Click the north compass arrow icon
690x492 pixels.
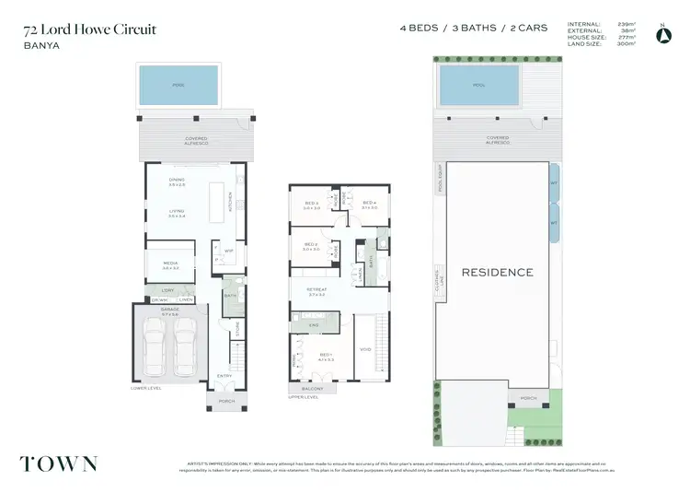(x=661, y=34)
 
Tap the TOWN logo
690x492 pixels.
(x=59, y=463)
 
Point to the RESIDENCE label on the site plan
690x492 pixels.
(x=497, y=272)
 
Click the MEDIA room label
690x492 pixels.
(x=170, y=264)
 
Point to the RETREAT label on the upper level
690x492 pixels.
(x=317, y=290)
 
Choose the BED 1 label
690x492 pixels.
(x=326, y=355)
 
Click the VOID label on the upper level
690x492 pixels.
(x=364, y=349)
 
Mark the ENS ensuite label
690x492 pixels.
(x=313, y=326)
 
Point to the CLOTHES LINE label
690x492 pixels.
(x=440, y=274)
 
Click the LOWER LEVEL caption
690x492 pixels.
(x=145, y=389)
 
